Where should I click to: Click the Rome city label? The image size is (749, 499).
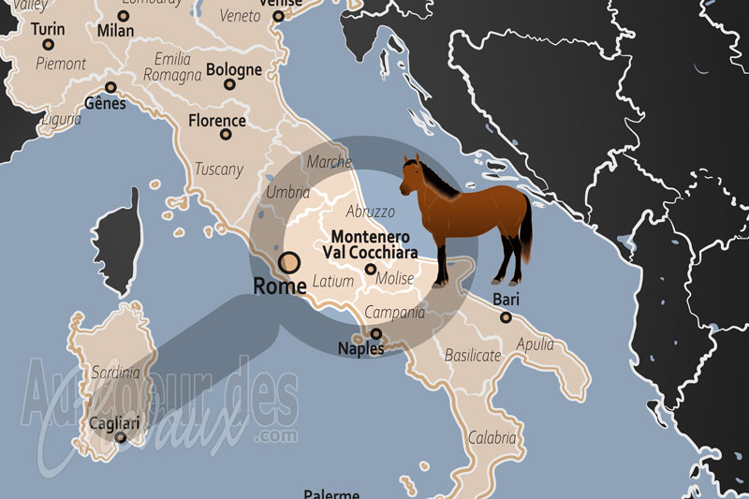tap(279, 286)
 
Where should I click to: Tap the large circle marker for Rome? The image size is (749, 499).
tap(290, 262)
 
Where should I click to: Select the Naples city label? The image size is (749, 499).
tap(360, 349)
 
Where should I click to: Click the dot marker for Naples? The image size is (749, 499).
tap(376, 333)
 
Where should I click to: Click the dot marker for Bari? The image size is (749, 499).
tap(506, 317)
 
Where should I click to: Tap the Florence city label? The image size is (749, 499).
tap(217, 121)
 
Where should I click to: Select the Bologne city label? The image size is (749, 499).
tap(233, 69)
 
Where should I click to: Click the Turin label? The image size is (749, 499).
tap(48, 29)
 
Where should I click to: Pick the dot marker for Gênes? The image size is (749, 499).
tap(110, 87)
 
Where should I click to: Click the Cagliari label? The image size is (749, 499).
tap(115, 423)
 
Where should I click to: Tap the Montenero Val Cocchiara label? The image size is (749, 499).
tap(370, 245)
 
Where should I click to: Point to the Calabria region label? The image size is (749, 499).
tap(492, 437)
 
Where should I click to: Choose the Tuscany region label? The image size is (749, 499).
tap(218, 169)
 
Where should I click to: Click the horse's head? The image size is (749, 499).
tap(412, 174)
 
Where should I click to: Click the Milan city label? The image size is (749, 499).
tap(112, 31)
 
